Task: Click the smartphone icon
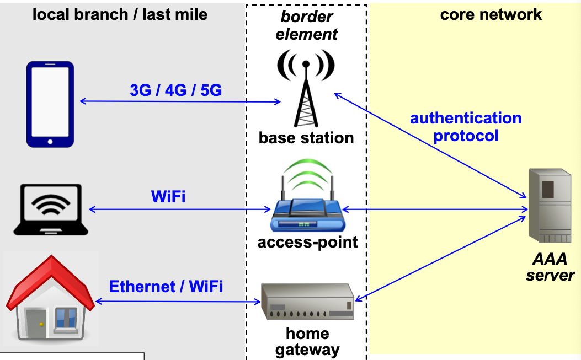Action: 50,104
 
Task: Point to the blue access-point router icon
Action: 306,208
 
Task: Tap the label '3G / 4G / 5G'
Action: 175,90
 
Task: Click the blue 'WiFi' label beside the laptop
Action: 168,196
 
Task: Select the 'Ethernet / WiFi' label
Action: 166,287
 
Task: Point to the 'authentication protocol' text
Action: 466,127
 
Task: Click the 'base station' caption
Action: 306,137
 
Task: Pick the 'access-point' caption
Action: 307,241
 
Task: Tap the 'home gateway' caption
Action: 307,342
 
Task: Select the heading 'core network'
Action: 491,14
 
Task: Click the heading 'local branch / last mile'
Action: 120,14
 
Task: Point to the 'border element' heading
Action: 306,25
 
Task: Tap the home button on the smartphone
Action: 50,142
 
